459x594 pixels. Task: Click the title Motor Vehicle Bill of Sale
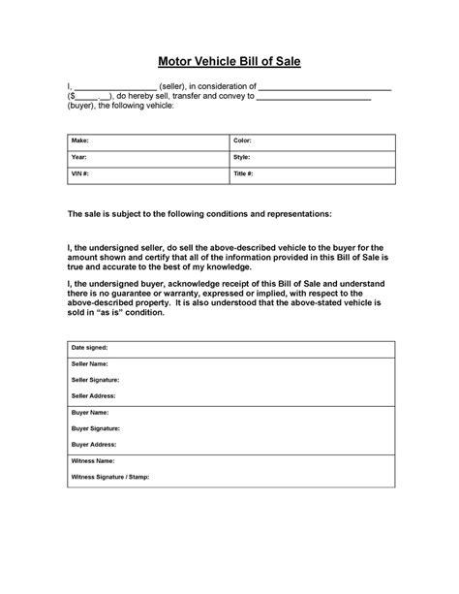[x=229, y=61]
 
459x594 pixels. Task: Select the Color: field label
[x=243, y=141]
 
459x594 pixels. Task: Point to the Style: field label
[x=242, y=157]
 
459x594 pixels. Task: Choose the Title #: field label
[x=244, y=173]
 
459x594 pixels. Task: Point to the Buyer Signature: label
[x=96, y=427]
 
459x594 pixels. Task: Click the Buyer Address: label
[x=94, y=444]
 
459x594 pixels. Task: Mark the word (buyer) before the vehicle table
[x=81, y=107]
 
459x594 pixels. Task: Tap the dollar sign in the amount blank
[x=74, y=97]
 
